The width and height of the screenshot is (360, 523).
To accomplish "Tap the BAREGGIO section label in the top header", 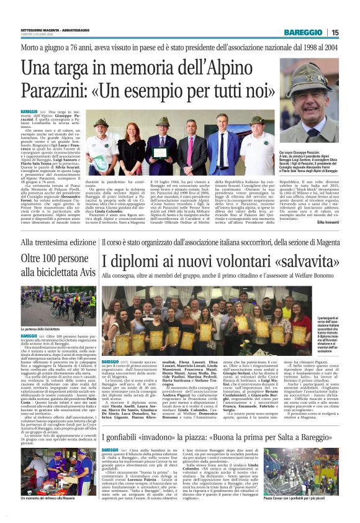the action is click(304, 32).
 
